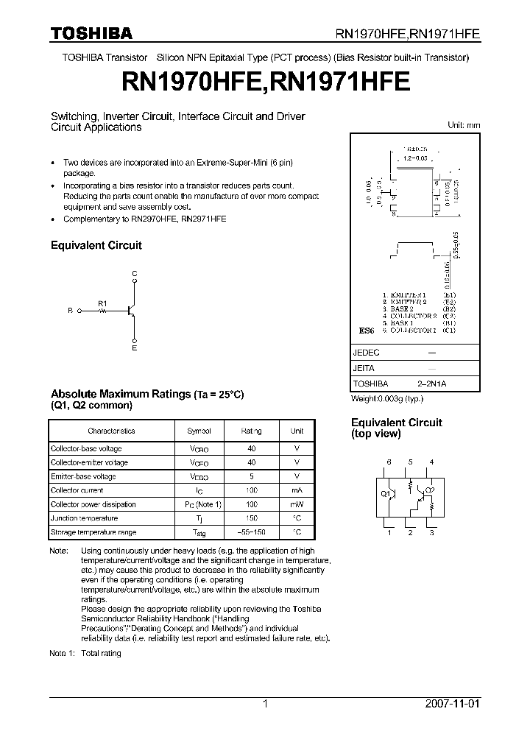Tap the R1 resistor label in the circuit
[x=102, y=303]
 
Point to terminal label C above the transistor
[x=134, y=274]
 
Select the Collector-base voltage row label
[x=86, y=448]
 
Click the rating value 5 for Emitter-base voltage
[x=252, y=476]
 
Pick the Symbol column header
[x=199, y=431]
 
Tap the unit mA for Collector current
[x=297, y=490]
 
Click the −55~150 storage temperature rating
[x=252, y=532]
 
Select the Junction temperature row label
[x=83, y=518]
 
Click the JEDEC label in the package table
[x=366, y=353]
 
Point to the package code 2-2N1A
[x=431, y=384]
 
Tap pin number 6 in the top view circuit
[x=389, y=462]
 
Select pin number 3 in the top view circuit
[x=431, y=532]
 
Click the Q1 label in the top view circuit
[x=385, y=494]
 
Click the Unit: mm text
[x=464, y=125]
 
